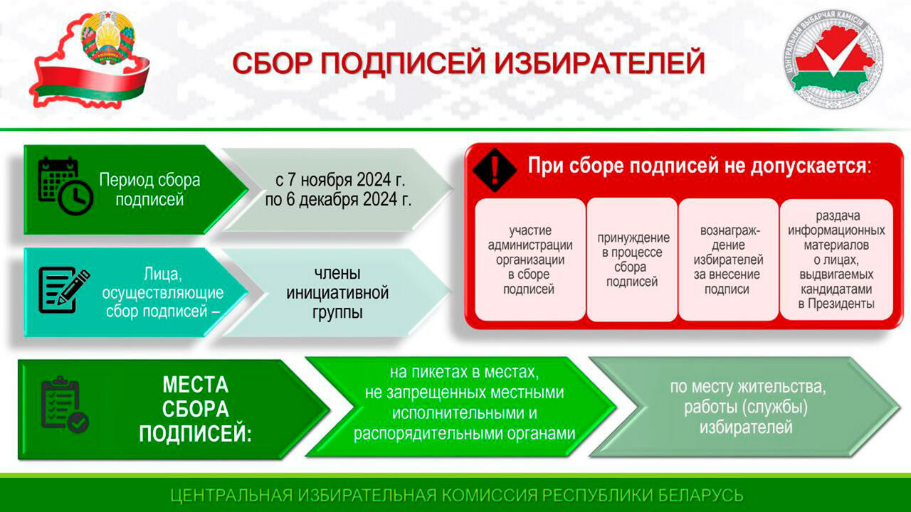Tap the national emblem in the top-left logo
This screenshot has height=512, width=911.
[107, 38]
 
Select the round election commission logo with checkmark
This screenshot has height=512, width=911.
[833, 59]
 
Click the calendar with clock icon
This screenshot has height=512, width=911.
[65, 186]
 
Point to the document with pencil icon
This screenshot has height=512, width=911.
[64, 289]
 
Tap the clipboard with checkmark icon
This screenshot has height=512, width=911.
[64, 405]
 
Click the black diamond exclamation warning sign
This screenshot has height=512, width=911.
[495, 170]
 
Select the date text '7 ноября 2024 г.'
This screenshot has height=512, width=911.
[346, 179]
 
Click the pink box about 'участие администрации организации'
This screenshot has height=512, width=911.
[530, 260]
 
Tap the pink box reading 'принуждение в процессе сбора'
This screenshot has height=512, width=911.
[633, 260]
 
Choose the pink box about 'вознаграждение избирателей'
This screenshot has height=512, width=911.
[728, 260]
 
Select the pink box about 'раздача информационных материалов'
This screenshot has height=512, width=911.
[836, 260]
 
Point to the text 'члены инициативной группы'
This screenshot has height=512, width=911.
[337, 292]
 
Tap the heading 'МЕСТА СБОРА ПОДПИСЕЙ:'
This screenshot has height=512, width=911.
[196, 409]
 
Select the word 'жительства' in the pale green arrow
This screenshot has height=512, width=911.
[782, 387]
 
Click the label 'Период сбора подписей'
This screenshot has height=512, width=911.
[149, 190]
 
